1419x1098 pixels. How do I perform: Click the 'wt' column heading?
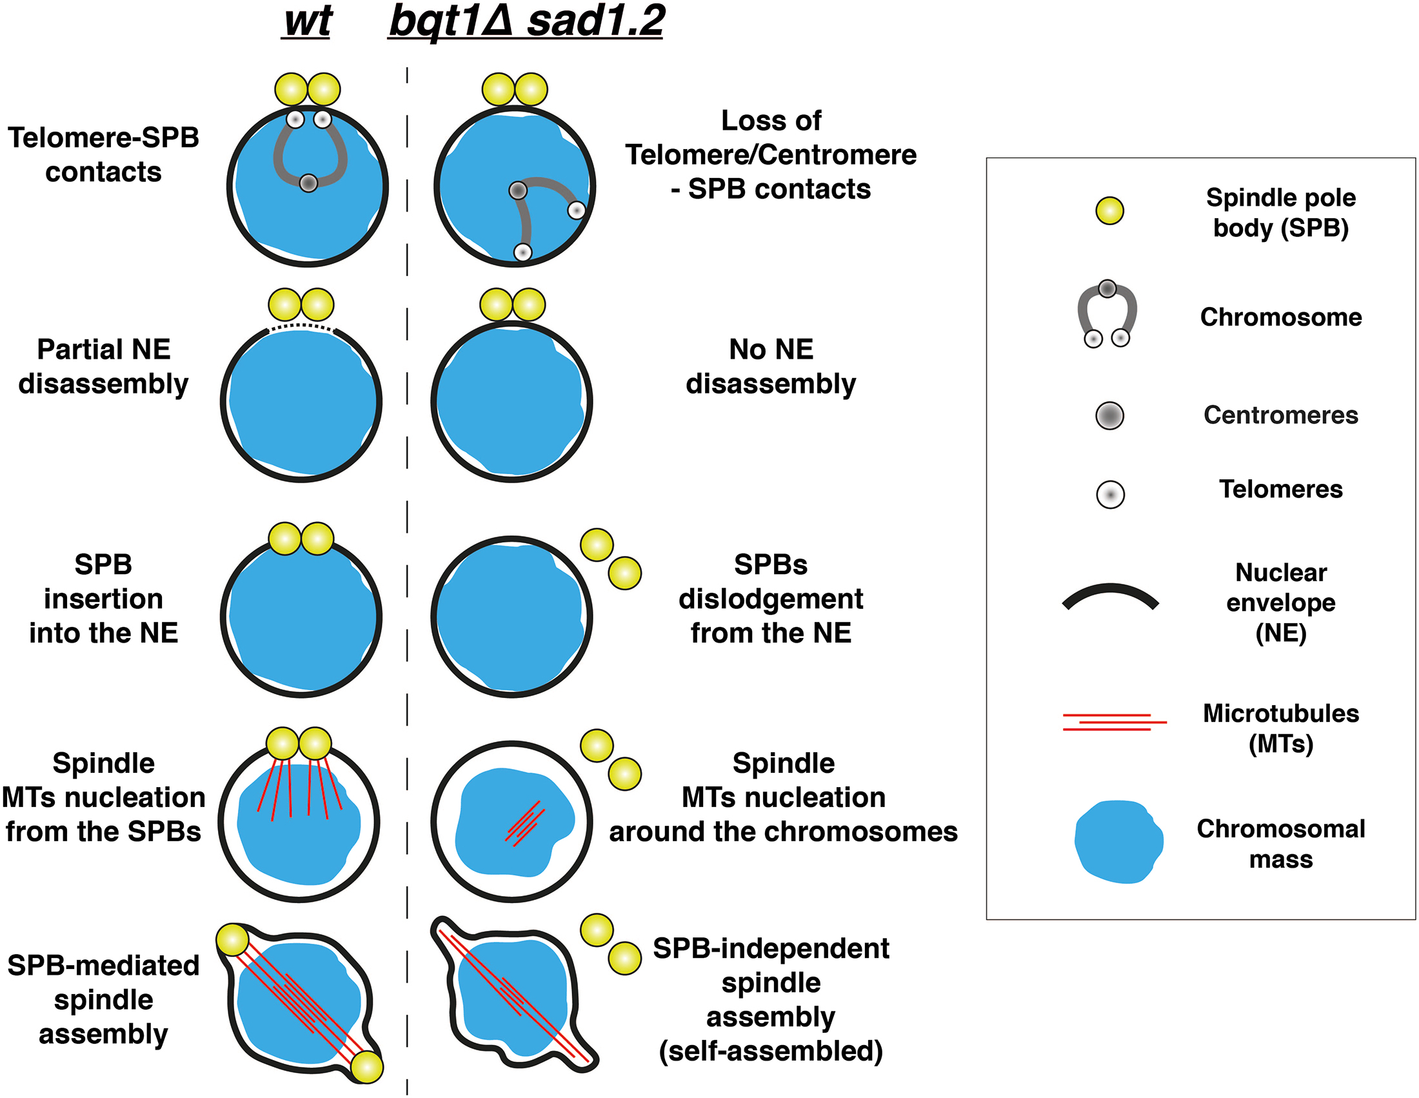tap(308, 22)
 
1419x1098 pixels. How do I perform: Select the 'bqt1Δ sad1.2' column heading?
tap(526, 22)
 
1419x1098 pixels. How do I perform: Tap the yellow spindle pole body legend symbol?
tap(1109, 210)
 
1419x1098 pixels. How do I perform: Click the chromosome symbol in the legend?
tap(1107, 315)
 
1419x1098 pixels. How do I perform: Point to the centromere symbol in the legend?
tap(1109, 416)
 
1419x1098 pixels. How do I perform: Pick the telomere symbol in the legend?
tap(1110, 494)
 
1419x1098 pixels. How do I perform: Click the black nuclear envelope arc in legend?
tap(1110, 597)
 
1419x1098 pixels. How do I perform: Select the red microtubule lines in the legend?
tap(1113, 722)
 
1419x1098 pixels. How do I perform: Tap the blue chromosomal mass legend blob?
tap(1118, 841)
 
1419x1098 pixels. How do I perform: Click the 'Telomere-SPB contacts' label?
tap(103, 155)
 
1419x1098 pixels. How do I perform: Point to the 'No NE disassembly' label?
tap(771, 366)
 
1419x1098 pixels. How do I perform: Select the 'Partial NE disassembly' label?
tap(103, 366)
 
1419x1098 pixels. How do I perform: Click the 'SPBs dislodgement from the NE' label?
tap(771, 599)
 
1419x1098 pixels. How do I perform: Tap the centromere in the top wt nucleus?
tap(308, 183)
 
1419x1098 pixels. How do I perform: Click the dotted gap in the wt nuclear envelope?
tap(301, 326)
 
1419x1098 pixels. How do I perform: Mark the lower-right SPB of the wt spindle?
tap(366, 1067)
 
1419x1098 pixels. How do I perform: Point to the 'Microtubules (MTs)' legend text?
tap(1280, 728)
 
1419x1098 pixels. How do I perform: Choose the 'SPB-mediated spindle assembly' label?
tap(103, 999)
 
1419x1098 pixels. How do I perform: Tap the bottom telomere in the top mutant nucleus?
tap(522, 252)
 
